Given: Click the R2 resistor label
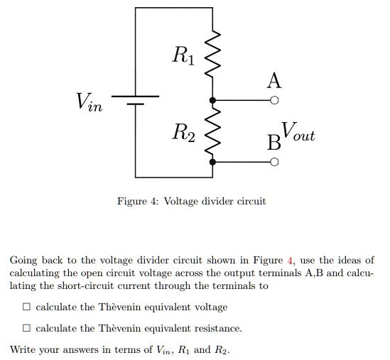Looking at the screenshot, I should pyautogui.click(x=182, y=131).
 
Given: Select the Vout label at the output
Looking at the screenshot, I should pyautogui.click(x=298, y=132).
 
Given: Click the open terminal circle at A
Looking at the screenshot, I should pyautogui.click(x=275, y=101).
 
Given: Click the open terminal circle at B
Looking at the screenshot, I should pyautogui.click(x=275, y=163).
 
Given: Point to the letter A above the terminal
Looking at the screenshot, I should pyautogui.click(x=274, y=80).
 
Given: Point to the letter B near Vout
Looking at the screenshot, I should pyautogui.click(x=273, y=142).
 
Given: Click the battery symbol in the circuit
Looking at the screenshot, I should pyautogui.click(x=136, y=100).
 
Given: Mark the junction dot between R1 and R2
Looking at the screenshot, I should pyautogui.click(x=212, y=101).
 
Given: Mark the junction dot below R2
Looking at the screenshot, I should pyautogui.click(x=212, y=163).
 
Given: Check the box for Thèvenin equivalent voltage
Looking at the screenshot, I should pyautogui.click(x=26, y=307).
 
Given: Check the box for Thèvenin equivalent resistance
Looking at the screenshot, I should pyautogui.click(x=26, y=328).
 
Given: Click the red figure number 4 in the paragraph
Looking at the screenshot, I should pyautogui.click(x=290, y=261).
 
